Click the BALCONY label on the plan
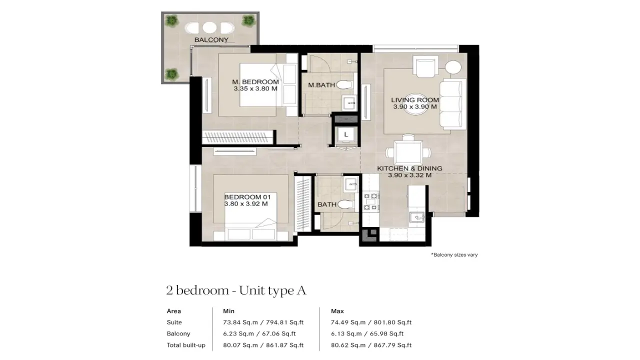click(211, 40)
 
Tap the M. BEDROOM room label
click(255, 82)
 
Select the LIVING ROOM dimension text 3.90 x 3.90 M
click(414, 106)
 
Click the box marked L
click(345, 134)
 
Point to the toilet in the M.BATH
click(344, 84)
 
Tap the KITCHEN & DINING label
click(409, 169)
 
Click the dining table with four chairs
click(408, 151)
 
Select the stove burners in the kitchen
click(370, 201)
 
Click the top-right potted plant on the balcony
click(247, 20)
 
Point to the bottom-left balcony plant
click(172, 73)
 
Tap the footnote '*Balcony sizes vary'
click(454, 255)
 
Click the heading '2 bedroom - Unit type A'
click(236, 290)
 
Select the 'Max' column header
click(337, 311)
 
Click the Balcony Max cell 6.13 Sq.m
click(367, 333)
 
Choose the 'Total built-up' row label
click(186, 345)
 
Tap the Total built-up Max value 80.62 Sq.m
click(371, 345)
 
